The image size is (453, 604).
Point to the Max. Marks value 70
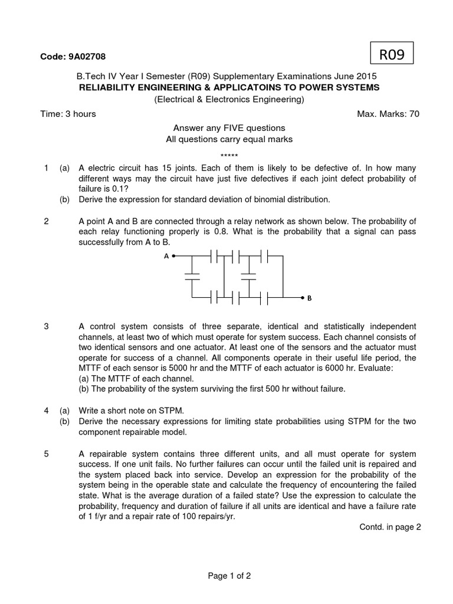pos(414,114)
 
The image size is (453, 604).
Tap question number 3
pos(47,326)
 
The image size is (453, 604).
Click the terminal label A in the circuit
pos(166,256)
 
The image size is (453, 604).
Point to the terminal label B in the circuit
pos(309,298)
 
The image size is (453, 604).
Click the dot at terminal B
pos(302,298)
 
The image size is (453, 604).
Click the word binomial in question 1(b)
pos(266,199)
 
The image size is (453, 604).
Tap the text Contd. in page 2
pos(390,527)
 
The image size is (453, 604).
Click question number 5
pos(47,454)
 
